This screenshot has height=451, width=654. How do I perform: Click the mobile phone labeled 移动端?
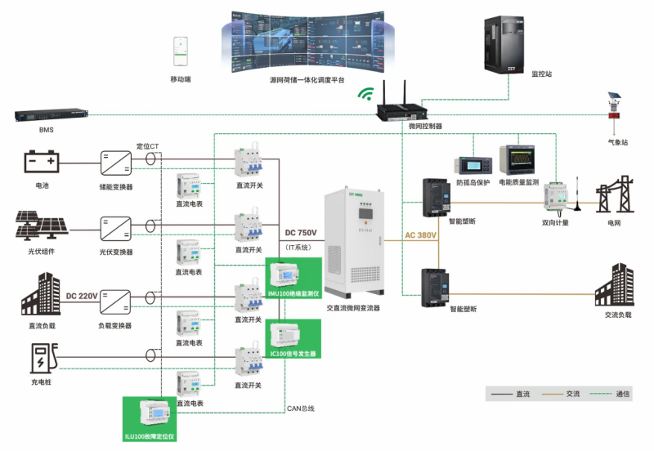181,52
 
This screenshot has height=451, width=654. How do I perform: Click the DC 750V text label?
300,233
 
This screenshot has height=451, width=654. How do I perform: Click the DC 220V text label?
82,296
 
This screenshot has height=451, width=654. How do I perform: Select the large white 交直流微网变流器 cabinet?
354,243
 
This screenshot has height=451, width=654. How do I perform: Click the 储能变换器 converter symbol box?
115,162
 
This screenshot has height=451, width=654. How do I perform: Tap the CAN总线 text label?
300,408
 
